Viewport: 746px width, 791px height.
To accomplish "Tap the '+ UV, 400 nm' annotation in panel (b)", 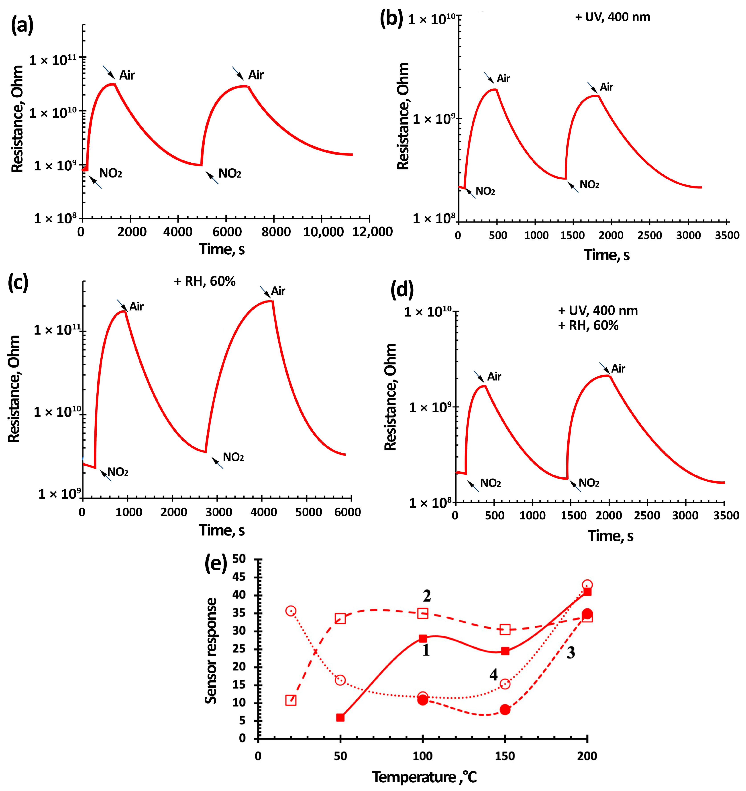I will point(612,17).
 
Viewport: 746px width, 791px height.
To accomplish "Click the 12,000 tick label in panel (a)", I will point(372,232).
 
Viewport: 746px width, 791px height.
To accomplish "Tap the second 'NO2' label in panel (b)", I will point(589,185).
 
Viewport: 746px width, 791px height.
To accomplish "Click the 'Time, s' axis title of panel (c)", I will point(222,530).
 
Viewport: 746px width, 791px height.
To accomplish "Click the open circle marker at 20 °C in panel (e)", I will point(291,611).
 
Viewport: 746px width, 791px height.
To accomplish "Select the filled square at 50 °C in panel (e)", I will point(340,717).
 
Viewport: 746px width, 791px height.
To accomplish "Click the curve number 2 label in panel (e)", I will point(426,596).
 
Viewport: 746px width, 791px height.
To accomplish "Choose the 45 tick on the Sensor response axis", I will point(239,577).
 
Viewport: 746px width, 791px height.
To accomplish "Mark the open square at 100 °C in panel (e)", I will point(422,613).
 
